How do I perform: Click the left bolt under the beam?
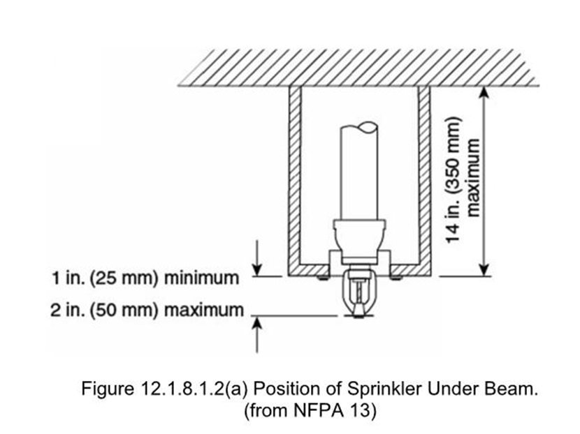click(320, 278)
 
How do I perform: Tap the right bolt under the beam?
click(398, 278)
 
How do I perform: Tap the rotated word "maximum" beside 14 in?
click(472, 184)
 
